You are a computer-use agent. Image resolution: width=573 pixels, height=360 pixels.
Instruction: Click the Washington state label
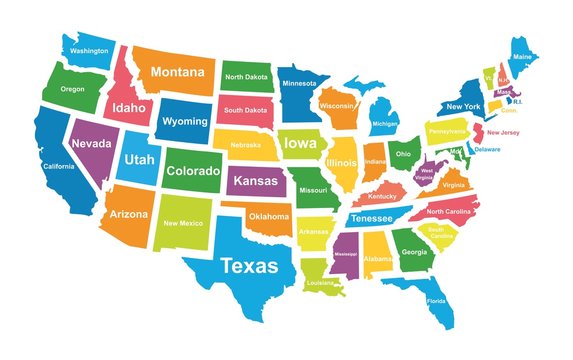(x=89, y=50)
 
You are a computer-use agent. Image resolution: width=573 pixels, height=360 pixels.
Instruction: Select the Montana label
(x=183, y=73)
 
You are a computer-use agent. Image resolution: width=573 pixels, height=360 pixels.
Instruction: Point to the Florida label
(x=436, y=301)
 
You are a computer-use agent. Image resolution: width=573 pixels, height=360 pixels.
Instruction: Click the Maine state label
(x=522, y=57)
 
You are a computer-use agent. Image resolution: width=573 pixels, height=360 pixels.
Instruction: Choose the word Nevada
(x=90, y=143)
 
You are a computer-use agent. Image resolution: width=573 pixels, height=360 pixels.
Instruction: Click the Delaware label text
(x=487, y=149)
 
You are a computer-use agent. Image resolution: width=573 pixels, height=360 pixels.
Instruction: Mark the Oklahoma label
(x=269, y=216)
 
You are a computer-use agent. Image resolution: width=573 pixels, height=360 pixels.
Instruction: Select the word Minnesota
(x=297, y=83)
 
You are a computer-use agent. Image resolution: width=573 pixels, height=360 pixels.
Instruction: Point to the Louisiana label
(x=320, y=283)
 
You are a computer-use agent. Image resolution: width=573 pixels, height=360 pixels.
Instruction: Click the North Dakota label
(x=246, y=77)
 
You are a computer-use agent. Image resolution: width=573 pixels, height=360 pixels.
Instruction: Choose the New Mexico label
(x=184, y=223)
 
